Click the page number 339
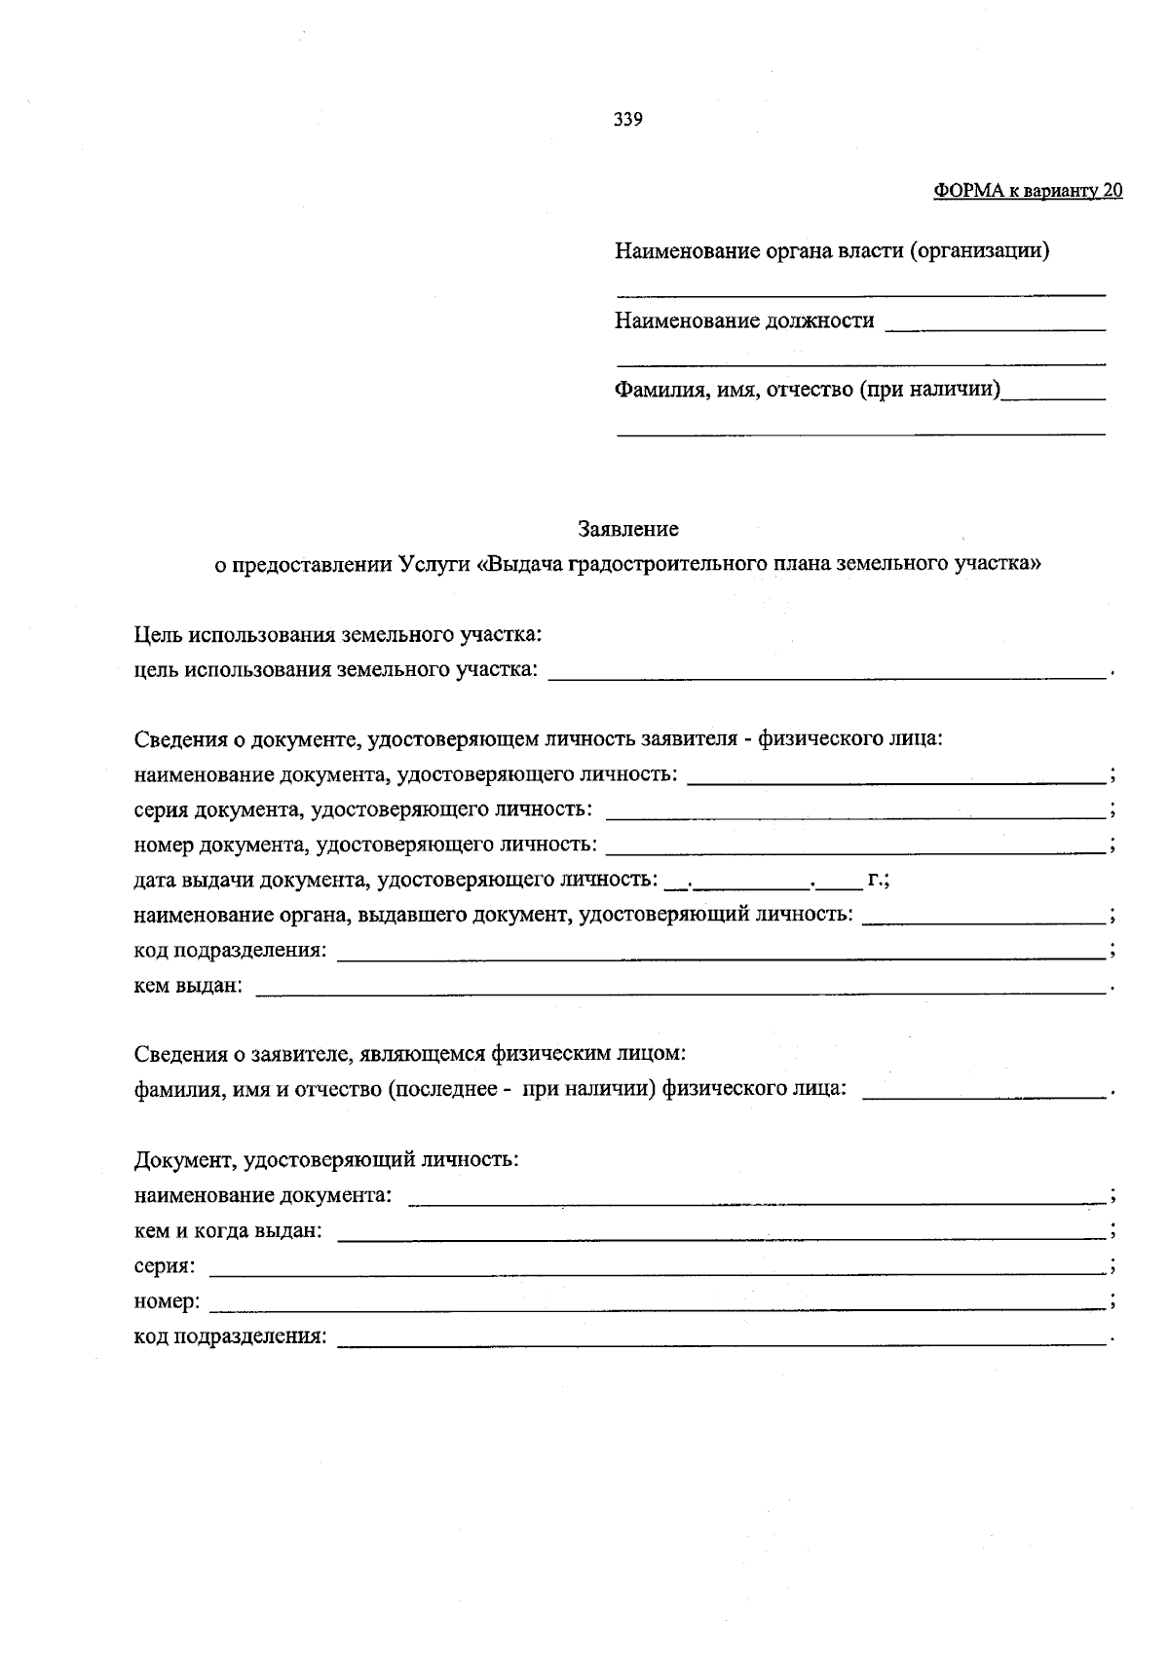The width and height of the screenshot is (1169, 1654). click(627, 120)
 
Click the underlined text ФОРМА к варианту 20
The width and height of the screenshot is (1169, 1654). click(1028, 191)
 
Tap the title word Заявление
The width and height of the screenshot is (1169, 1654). click(628, 529)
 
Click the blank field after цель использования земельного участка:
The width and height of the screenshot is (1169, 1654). click(828, 672)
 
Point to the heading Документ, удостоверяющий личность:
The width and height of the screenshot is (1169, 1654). click(326, 1160)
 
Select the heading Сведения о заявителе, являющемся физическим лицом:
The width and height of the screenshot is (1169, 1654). click(410, 1054)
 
